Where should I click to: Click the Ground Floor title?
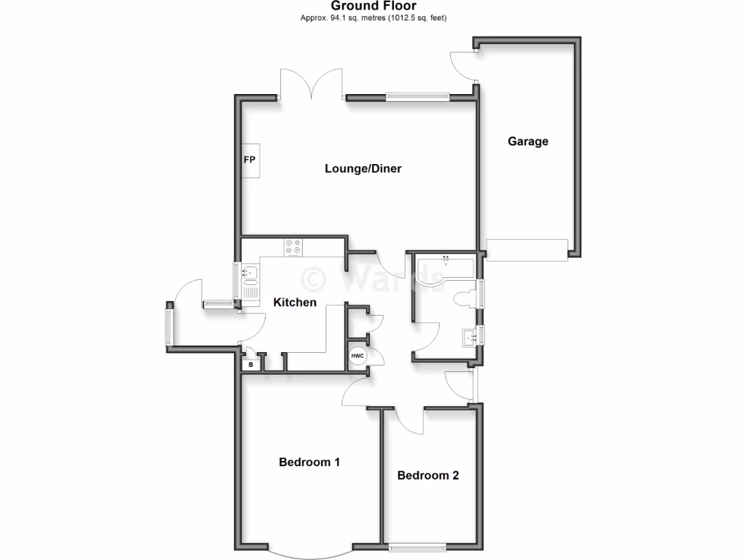pos(373,6)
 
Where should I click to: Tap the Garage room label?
pos(528,141)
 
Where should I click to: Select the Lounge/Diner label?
pos(363,168)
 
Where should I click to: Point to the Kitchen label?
pos(295,302)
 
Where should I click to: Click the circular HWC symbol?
pos(357,357)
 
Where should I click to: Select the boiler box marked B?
pos(250,364)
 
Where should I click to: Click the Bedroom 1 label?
pos(309,462)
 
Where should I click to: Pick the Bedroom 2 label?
pos(428,475)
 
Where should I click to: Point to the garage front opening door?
pos(527,249)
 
